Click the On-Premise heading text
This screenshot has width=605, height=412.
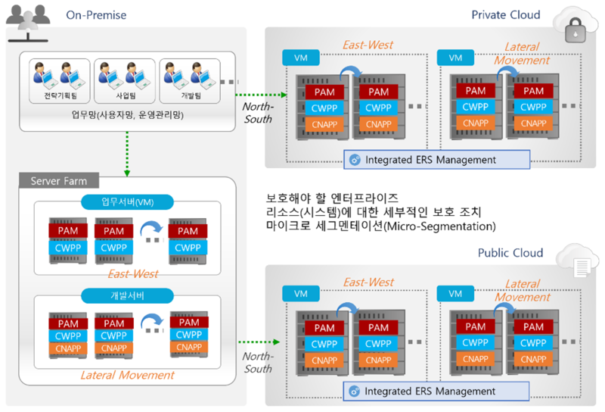(96, 14)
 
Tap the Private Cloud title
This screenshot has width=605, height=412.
(506, 14)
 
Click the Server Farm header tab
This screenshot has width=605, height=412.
(58, 181)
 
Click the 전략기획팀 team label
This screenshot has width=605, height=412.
(54, 97)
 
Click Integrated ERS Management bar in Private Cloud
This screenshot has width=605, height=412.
(435, 160)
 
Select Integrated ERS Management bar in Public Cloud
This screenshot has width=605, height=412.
(435, 391)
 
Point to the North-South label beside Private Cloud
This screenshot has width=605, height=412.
(257, 113)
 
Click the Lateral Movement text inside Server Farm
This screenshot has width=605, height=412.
(127, 375)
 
